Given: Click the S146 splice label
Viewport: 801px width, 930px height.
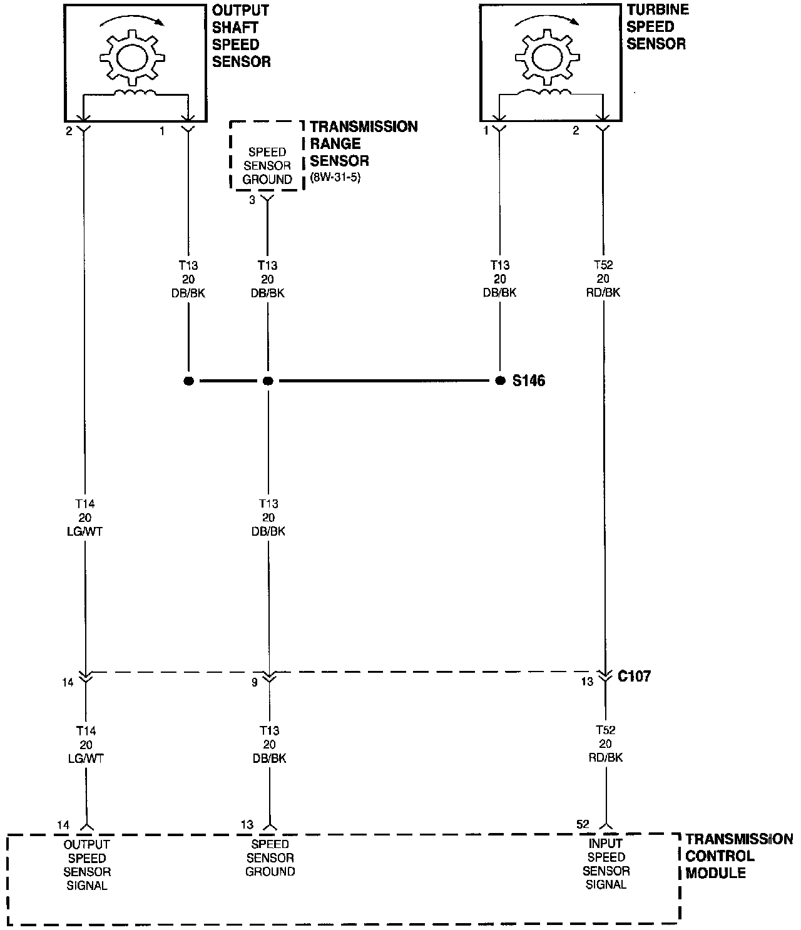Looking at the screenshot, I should pos(528,381).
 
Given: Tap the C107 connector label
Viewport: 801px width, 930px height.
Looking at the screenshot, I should pos(634,677).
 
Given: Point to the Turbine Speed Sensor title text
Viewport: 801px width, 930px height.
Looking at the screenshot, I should pos(657,27).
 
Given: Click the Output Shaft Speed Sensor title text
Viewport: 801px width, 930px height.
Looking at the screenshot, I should pos(241,36).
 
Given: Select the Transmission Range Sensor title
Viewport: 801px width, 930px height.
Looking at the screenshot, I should pos(364,143).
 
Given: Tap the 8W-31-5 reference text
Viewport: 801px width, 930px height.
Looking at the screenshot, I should pos(335,177).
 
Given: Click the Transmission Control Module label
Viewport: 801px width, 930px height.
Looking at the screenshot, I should pos(738,856).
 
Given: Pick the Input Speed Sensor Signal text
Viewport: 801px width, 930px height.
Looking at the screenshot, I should pos(606,864).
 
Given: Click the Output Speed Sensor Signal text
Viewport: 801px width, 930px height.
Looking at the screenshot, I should pos(87,865).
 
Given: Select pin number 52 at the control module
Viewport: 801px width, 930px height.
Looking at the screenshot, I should pos(583,824).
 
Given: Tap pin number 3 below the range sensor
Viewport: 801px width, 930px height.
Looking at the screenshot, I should pos(252,201).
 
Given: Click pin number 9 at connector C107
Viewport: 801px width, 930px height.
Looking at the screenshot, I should pos(255,682).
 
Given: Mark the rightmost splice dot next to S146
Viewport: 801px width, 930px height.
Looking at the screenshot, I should pos(499,381).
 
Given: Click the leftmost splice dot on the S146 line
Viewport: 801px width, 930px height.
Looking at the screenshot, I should pos(188,381).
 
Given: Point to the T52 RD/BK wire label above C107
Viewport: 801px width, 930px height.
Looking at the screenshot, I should pos(605,278).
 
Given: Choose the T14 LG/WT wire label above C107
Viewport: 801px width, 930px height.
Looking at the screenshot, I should pos(86,518).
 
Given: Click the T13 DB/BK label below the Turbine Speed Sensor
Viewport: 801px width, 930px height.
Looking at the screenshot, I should pos(500,278).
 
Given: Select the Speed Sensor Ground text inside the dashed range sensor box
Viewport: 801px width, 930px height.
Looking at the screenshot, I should pos(267,166).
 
